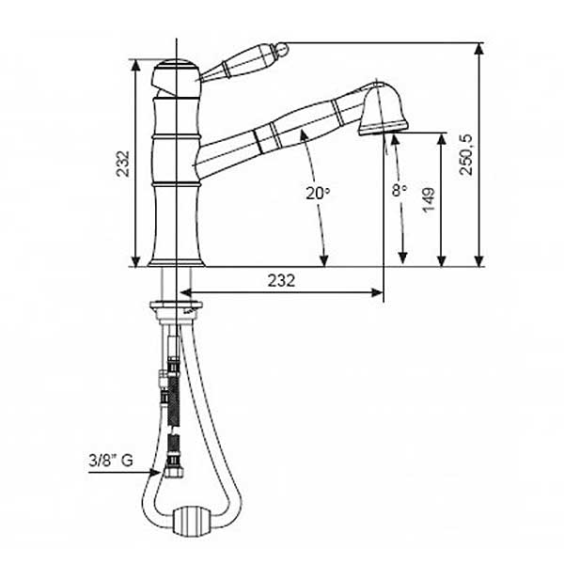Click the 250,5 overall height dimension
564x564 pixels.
point(467,155)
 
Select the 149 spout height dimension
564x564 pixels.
point(429,200)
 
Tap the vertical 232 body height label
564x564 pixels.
point(122,164)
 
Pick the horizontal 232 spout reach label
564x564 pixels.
point(281,280)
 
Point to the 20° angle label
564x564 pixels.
point(318,193)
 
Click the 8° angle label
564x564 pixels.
point(399,190)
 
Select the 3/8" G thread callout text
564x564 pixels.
point(111,461)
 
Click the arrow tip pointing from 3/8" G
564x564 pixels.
point(161,472)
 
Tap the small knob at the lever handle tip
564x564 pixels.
point(282,49)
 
